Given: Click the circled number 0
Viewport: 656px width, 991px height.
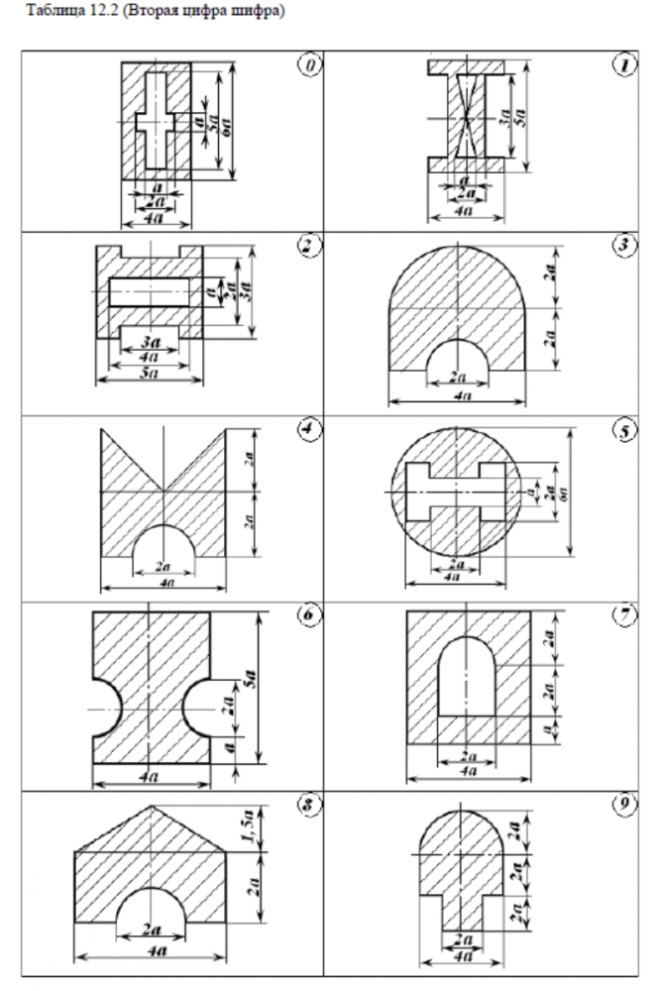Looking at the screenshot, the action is click(309, 64).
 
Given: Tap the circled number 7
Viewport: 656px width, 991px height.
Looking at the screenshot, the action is click(624, 615).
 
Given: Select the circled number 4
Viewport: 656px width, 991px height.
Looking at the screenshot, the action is click(309, 429).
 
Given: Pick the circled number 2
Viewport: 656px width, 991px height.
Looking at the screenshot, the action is click(309, 247).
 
